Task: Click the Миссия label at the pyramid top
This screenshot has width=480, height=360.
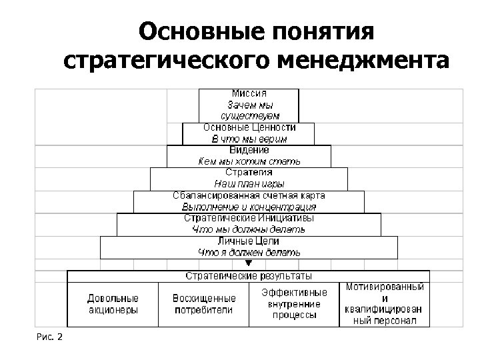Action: coord(249,94)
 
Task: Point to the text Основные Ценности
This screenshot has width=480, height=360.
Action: coord(249,127)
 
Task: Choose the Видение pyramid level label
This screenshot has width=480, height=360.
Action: coord(249,151)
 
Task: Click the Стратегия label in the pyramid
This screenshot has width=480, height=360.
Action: coord(249,172)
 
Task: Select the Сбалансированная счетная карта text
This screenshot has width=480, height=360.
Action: coord(249,196)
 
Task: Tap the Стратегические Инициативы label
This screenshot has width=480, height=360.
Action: coord(249,218)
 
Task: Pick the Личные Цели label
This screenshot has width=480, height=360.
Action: coord(249,241)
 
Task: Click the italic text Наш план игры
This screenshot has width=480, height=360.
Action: coord(249,183)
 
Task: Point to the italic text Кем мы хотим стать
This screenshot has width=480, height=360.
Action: coord(249,161)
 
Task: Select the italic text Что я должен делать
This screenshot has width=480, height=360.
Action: coord(249,252)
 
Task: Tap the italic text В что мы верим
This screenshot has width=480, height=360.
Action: coord(249,139)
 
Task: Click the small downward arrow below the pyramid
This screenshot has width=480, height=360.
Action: coord(249,264)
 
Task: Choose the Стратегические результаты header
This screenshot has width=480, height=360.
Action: coord(249,276)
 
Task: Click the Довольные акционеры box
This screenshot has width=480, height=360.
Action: coord(113,304)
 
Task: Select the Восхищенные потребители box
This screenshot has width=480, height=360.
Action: coord(203,304)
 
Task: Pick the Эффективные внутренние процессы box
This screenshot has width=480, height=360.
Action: coord(294,304)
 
